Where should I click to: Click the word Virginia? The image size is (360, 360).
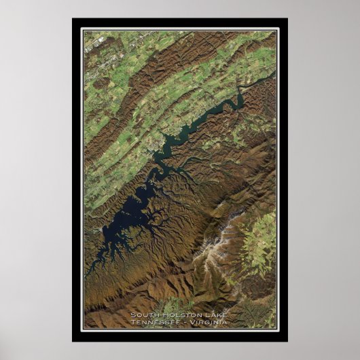click(x=209, y=322)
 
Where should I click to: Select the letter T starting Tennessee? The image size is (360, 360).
click(x=134, y=322)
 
